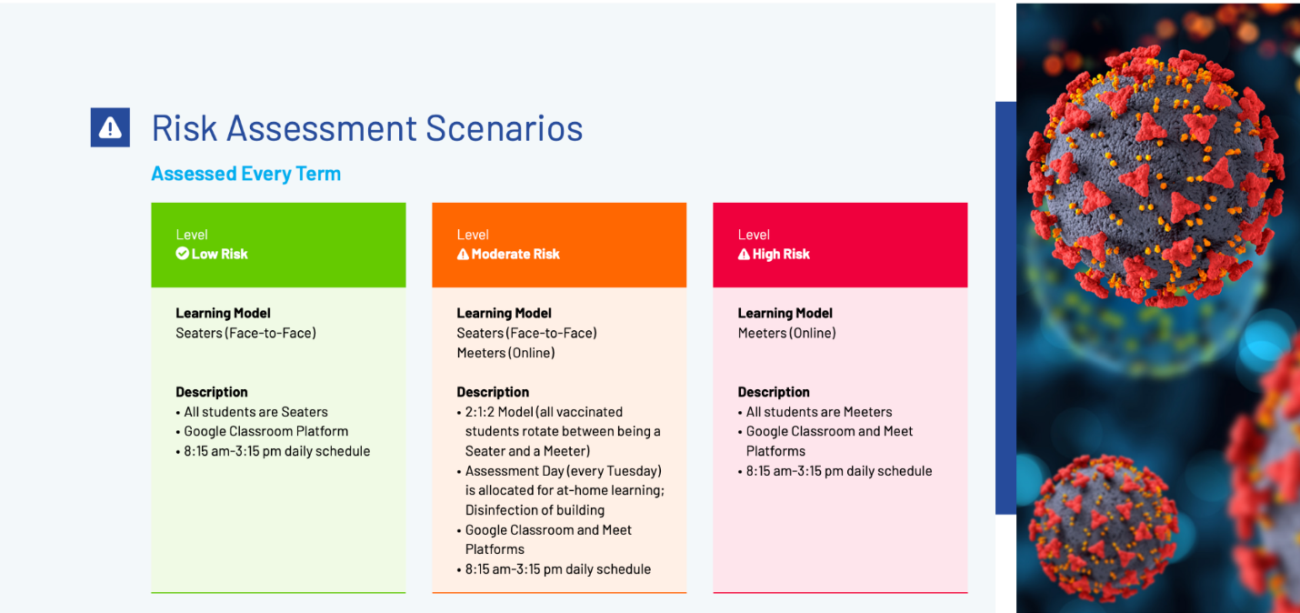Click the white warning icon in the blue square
[110, 127]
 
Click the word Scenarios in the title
[505, 128]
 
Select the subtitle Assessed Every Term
[246, 174]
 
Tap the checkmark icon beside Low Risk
[182, 254]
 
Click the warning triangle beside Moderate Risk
[463, 255]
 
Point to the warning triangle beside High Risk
[744, 255]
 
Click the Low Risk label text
[220, 255]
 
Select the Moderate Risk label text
[515, 255]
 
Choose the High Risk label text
[781, 255]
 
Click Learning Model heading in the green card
[223, 314]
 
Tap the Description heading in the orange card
[493, 392]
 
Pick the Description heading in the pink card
[774, 392]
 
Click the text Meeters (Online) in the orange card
[505, 353]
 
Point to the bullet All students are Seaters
[256, 412]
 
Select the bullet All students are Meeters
[819, 412]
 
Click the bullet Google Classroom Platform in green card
[266, 431]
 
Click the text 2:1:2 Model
[499, 412]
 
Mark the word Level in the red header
[754, 235]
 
